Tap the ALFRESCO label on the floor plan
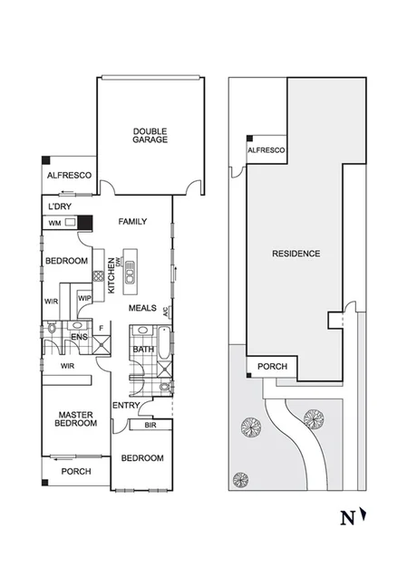pos(70,175)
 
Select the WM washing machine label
pos(54,222)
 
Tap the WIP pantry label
pos(84,298)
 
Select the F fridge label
pos(101,328)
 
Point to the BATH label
pos(143,349)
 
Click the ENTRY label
pos(125,405)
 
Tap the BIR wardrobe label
pos(146,424)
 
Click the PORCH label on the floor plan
pos(75,472)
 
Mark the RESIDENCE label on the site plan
pos(296,254)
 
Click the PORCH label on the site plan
pos(273,367)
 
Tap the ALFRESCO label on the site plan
pos(267,149)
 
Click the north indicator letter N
pos(345,518)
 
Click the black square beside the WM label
pos(84,222)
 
